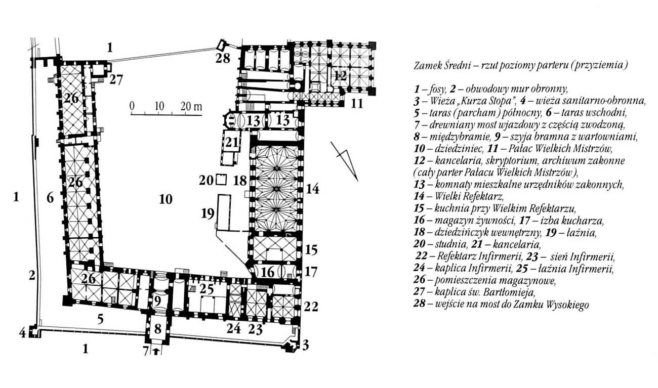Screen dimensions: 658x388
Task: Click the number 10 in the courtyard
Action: pyautogui.click(x=166, y=199)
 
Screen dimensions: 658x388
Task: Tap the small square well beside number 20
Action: pyautogui.click(x=221, y=179)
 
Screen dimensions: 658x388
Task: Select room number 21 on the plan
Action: pyautogui.click(x=232, y=142)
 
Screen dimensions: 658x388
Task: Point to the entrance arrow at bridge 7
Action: pyautogui.click(x=156, y=351)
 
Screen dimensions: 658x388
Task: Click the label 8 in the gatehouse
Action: pyautogui.click(x=158, y=329)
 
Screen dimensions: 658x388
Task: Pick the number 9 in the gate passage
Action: pyautogui.click(x=158, y=301)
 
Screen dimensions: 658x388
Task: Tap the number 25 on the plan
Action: pyautogui.click(x=207, y=289)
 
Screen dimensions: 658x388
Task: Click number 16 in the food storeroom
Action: pyautogui.click(x=267, y=272)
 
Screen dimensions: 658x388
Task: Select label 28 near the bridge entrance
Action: pyautogui.click(x=223, y=58)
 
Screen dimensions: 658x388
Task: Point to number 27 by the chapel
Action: pyautogui.click(x=116, y=79)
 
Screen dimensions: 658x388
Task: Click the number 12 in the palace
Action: pyautogui.click(x=340, y=76)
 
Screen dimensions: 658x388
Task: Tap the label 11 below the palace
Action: pyautogui.click(x=357, y=104)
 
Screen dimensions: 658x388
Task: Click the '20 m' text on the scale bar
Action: pyautogui.click(x=191, y=106)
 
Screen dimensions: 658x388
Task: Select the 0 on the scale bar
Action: pyautogui.click(x=132, y=105)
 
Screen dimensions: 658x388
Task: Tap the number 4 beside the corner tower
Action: pyautogui.click(x=23, y=333)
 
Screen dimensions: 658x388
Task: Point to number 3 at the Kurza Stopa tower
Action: pyautogui.click(x=306, y=346)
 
